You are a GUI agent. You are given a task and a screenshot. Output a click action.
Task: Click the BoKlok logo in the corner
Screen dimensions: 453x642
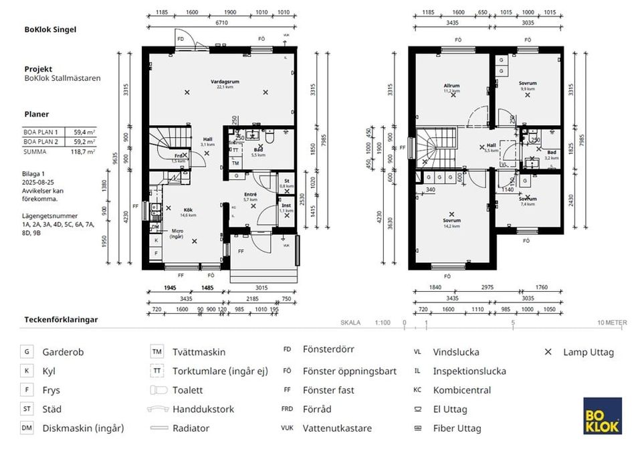point(602,416)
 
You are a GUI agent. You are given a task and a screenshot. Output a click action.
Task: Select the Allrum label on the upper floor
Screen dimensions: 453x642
point(452,86)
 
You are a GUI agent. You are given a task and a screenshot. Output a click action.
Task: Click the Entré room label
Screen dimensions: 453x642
point(250,196)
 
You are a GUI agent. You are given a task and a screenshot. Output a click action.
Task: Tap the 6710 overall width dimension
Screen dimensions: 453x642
point(221,22)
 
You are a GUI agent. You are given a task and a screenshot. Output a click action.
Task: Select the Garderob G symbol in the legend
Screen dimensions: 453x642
point(27,352)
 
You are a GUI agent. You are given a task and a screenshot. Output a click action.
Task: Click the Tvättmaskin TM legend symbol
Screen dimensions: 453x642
point(156,352)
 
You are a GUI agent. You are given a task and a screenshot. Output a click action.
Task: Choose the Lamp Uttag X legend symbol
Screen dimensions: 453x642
point(548,352)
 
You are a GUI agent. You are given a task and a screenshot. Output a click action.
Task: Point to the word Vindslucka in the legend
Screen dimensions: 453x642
point(456,352)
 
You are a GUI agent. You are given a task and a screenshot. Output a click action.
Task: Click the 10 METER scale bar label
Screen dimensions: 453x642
point(613,323)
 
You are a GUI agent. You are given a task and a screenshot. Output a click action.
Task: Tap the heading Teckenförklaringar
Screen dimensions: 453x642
point(61,320)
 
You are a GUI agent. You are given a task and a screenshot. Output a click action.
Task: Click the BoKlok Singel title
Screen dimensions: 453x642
point(50,29)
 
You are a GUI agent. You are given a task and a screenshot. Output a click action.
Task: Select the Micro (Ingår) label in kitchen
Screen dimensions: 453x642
point(177,234)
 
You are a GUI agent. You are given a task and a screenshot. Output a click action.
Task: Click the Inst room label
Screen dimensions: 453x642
point(286,207)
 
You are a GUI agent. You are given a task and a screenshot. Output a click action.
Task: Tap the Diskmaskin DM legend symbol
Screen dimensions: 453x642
point(27,428)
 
